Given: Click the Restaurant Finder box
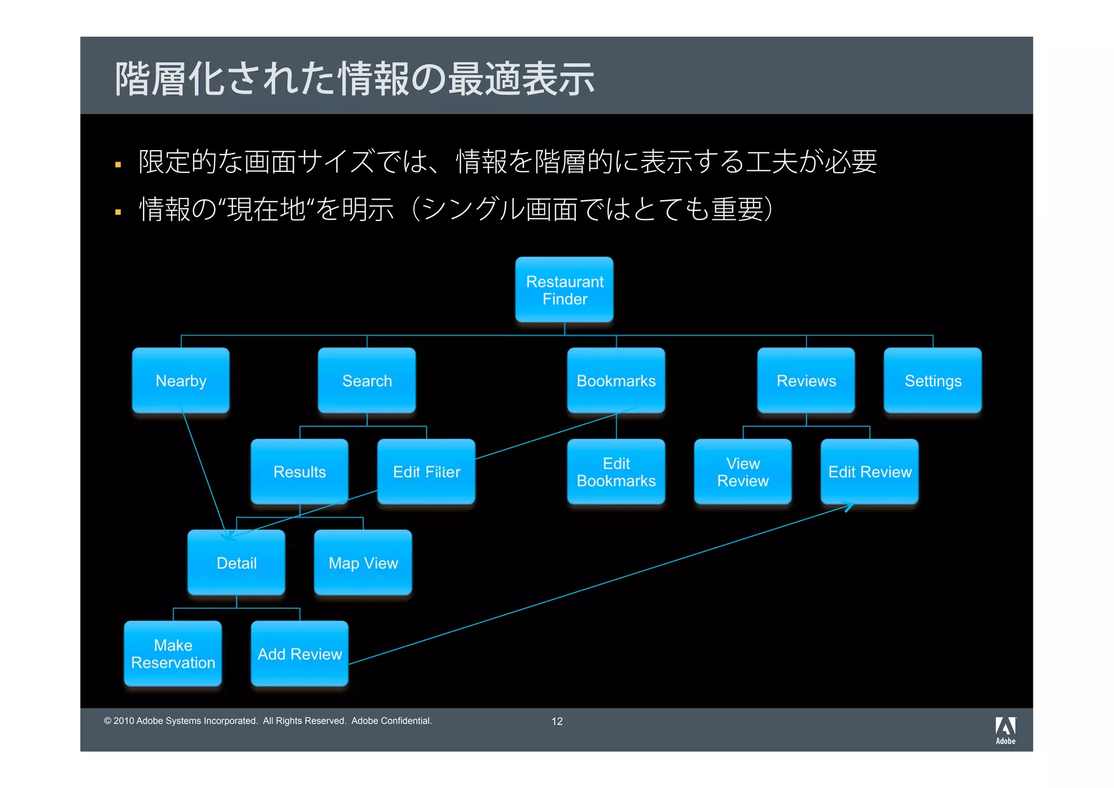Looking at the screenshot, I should coord(564,290).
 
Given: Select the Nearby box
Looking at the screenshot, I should coord(181,380).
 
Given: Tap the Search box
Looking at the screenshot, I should coord(367,380).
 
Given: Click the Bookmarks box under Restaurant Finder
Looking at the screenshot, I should coord(616,380).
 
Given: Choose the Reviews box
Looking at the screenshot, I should coord(806,380).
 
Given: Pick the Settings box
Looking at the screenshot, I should coord(932,380).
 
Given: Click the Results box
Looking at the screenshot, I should coord(299,471).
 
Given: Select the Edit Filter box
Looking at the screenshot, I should coord(426,471).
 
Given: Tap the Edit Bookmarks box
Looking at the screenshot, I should coord(616,471).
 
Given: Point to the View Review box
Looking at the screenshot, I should coord(742,471).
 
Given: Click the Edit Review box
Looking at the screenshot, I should coord(869,471).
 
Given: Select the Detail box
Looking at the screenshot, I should coord(236,562).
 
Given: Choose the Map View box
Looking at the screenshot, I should coord(363,562).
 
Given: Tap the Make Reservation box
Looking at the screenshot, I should coord(173,653).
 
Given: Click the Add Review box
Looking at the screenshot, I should coord(299,653).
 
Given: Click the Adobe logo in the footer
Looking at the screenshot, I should coord(1005,730).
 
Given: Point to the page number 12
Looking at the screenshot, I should coord(557,721).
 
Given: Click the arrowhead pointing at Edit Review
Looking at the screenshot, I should coord(849,507).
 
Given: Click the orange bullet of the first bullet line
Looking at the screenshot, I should coord(118,164).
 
